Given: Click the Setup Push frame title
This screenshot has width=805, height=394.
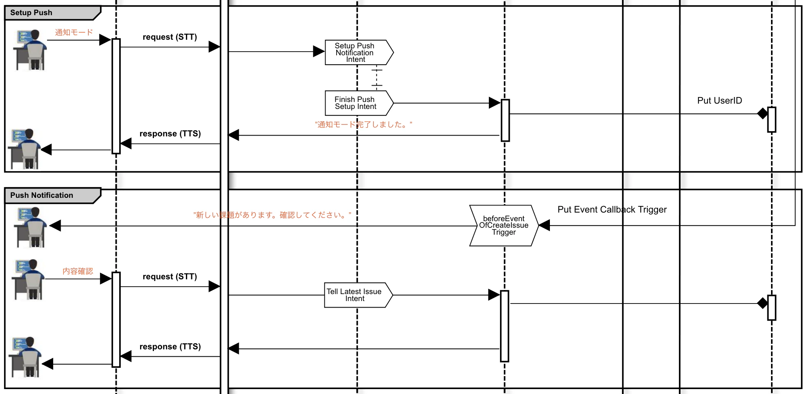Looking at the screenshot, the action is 31,13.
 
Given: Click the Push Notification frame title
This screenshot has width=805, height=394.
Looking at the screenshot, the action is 41,195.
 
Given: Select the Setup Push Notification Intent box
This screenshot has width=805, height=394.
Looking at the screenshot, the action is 359,52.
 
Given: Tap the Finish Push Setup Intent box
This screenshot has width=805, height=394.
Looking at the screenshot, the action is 359,103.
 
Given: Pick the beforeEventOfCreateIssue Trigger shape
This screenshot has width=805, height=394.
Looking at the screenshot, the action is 504,225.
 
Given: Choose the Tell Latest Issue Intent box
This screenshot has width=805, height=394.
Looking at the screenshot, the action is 358,295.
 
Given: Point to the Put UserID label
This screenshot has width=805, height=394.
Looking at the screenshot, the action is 719,100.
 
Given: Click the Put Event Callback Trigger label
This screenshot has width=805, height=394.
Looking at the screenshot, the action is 612,210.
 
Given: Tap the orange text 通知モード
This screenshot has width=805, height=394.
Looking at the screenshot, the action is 74,32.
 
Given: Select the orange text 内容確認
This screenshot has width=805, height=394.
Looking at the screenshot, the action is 78,271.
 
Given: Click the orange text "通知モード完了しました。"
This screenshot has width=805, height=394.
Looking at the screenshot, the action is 364,125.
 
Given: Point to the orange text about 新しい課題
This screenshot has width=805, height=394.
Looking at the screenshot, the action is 272,215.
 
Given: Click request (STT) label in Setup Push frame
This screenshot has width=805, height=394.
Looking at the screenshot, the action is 170,37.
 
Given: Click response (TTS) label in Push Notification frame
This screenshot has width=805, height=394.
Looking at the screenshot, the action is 170,346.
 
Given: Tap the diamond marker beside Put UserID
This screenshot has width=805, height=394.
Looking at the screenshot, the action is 762,113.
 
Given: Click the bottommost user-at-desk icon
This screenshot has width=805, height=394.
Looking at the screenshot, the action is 25,357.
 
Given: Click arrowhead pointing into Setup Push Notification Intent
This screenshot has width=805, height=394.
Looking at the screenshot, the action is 319,52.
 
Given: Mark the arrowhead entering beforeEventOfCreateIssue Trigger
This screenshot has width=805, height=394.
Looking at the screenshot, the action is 544,225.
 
